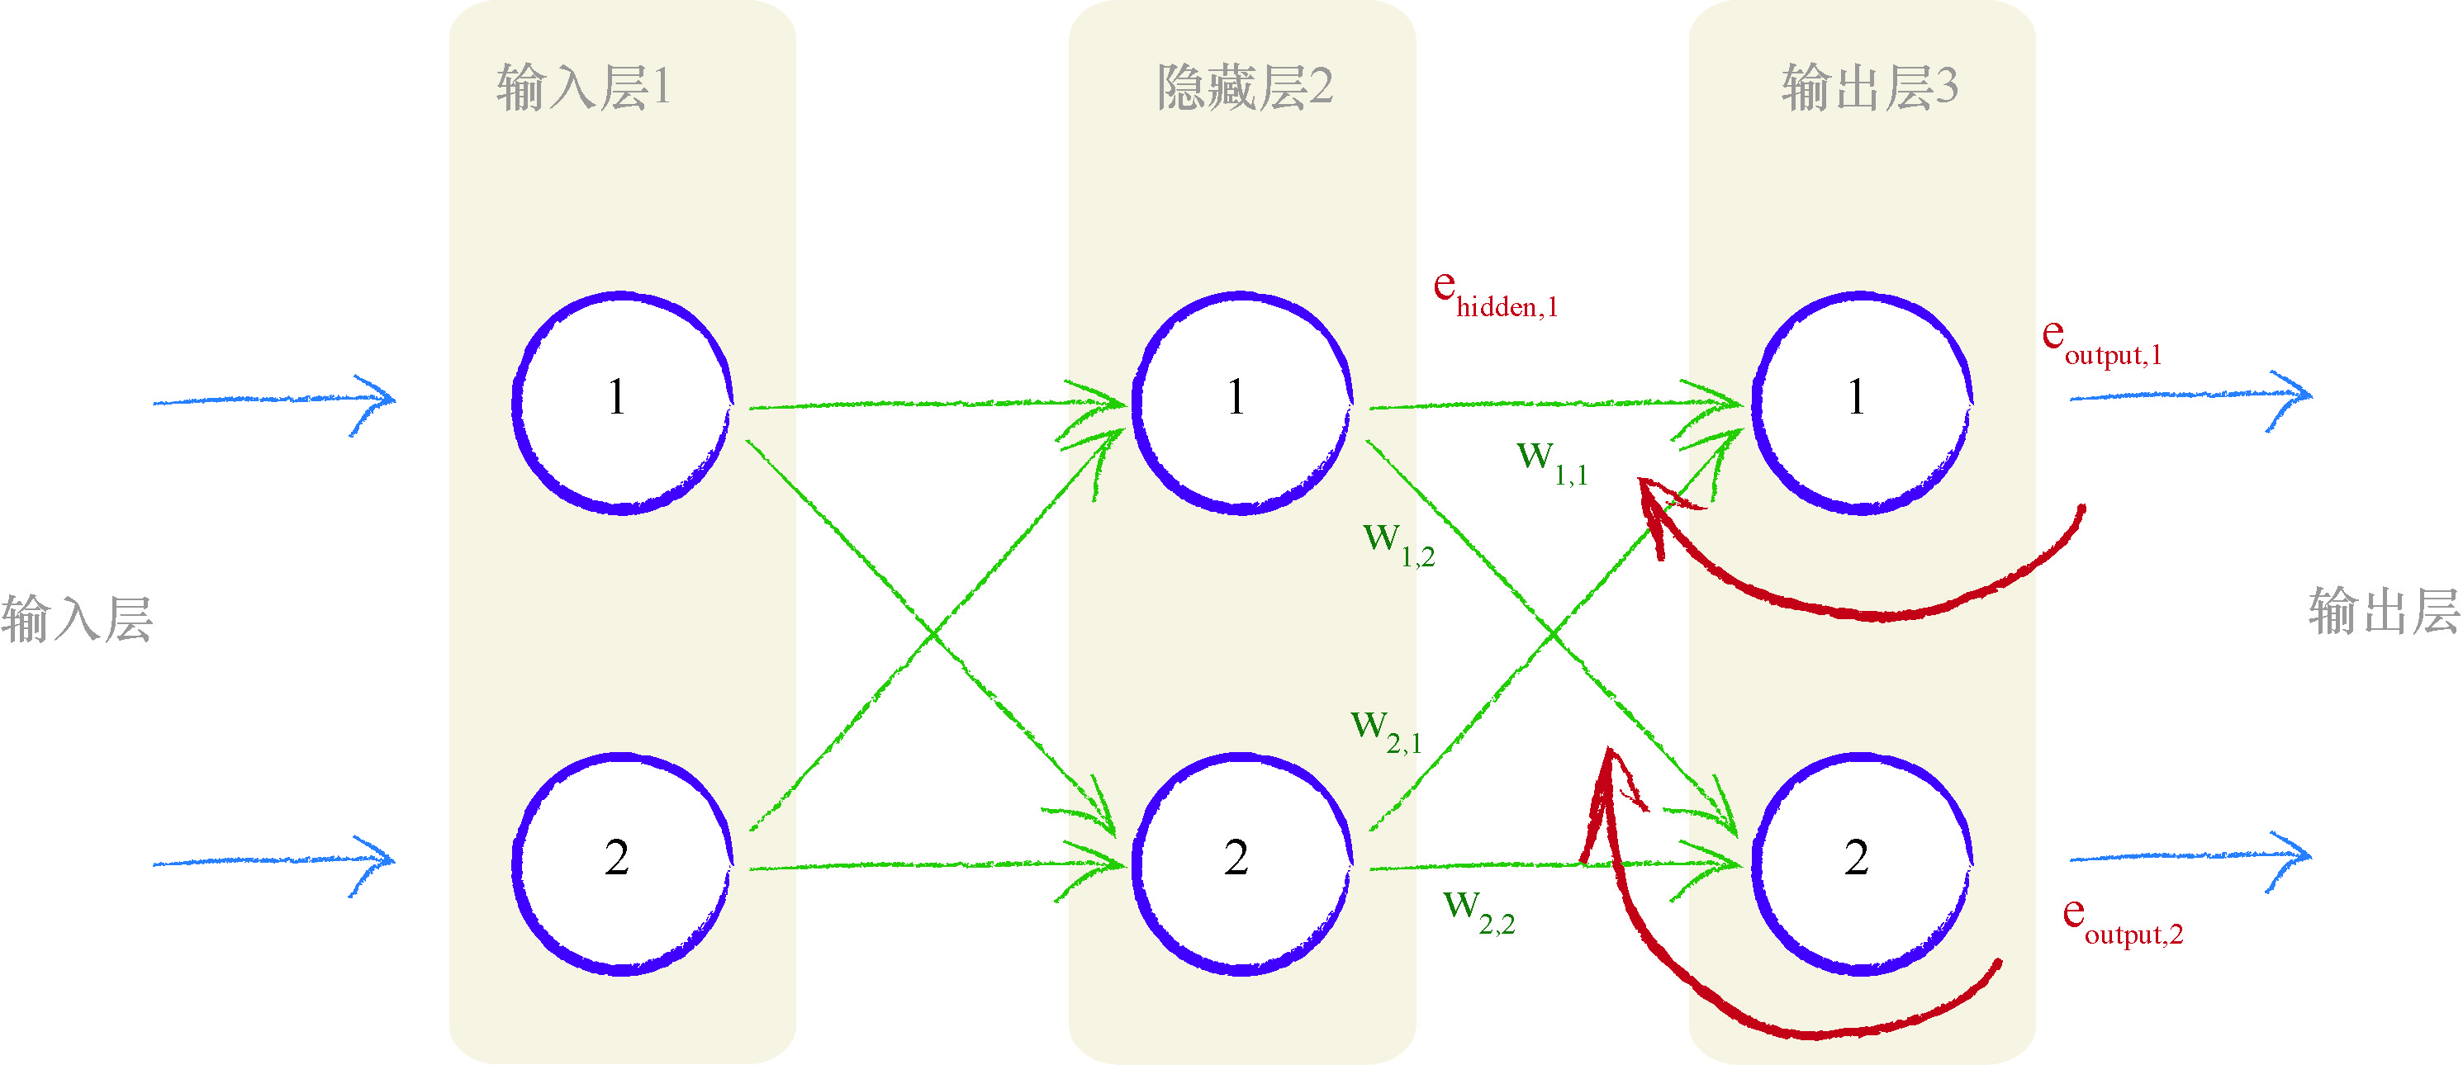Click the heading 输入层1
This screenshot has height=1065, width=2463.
point(583,88)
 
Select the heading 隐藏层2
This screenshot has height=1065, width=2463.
point(1244,88)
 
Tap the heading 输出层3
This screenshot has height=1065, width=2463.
point(1869,88)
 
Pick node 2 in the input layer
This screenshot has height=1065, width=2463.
point(621,864)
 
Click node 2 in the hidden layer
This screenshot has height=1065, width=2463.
point(1241,864)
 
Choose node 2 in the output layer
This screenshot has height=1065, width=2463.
point(1861,864)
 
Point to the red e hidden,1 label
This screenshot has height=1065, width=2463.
point(1495,295)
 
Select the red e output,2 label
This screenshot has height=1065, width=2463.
point(2123,921)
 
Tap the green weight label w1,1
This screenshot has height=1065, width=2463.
point(1552,462)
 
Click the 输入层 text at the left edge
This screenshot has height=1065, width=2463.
point(77,618)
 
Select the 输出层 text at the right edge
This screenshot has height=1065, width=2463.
point(2385,612)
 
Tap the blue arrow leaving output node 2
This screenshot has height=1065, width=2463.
point(2190,858)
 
